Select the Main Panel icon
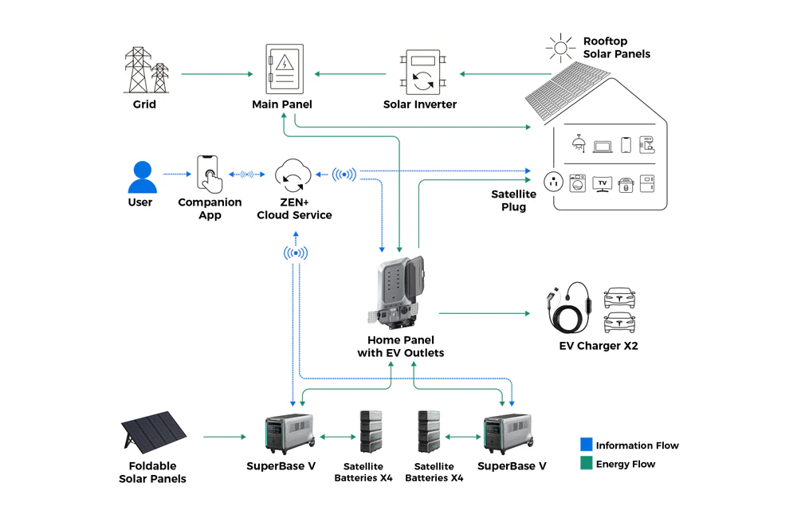pos(284,70)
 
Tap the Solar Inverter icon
pos(422,73)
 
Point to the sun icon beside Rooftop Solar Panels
pos(560,48)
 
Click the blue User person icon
pos(143,177)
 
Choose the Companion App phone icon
pos(209,174)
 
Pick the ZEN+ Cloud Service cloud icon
pos(292,175)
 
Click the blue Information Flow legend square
pos(587,445)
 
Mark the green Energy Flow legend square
pos(587,463)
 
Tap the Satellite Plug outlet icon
pos(554,182)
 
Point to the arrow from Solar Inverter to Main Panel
pos(351,74)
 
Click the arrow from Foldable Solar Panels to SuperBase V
pos(225,437)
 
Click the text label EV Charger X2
pos(599,346)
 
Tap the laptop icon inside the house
pos(603,146)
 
